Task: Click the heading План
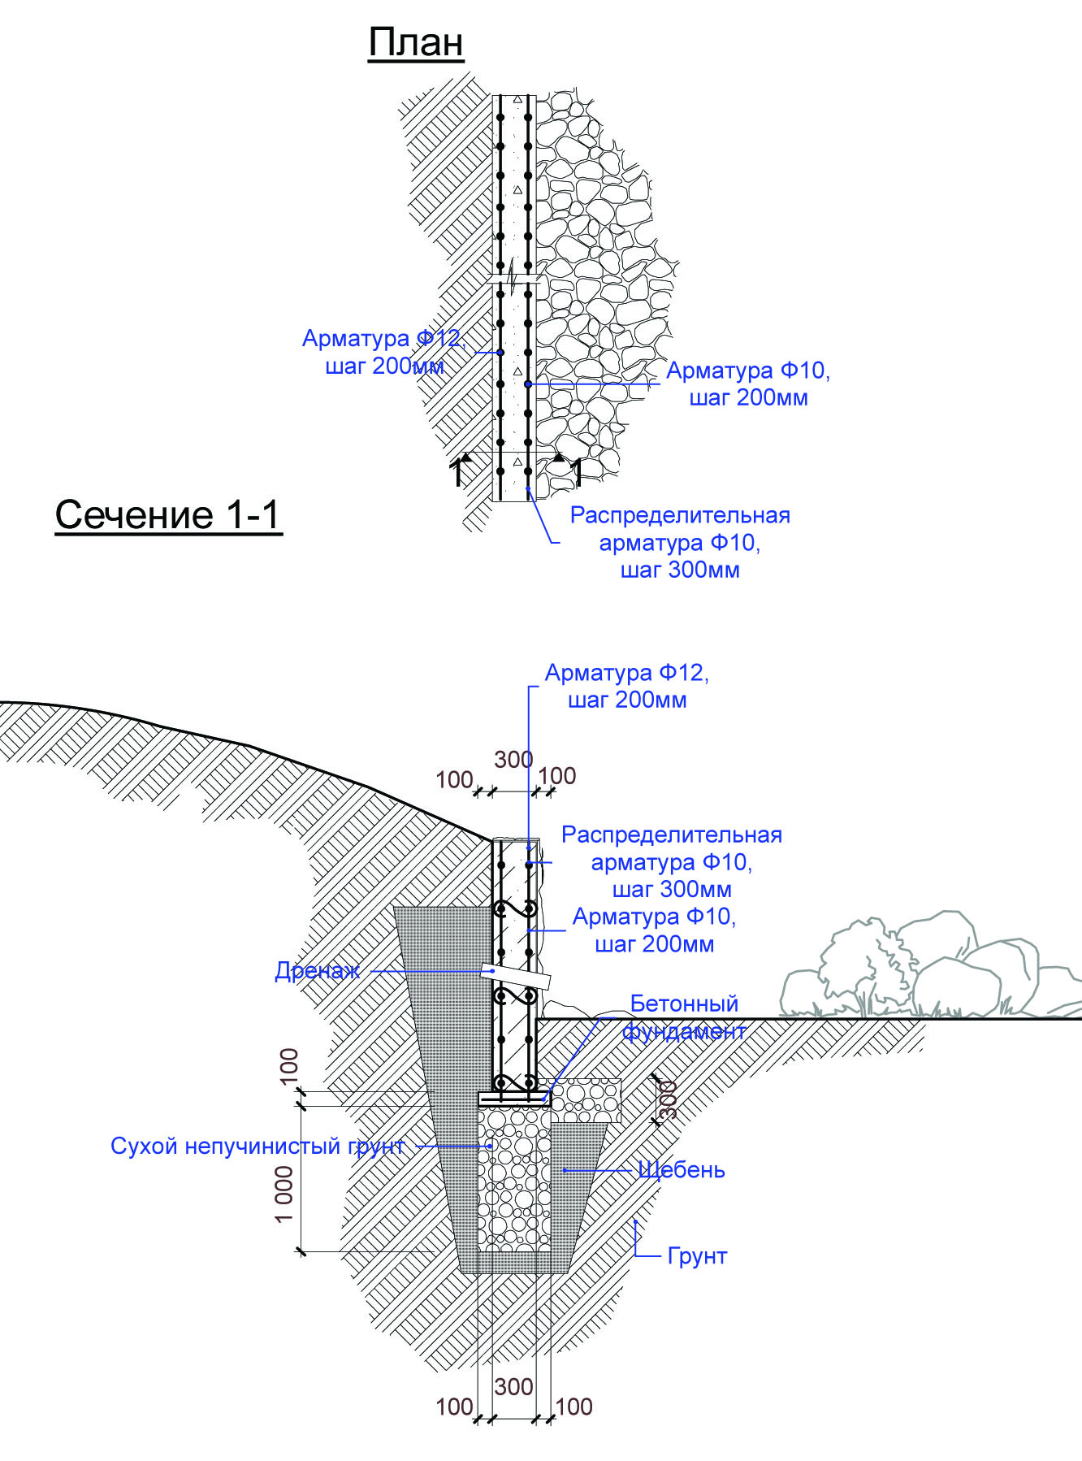click(x=416, y=43)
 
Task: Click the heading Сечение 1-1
click(x=168, y=515)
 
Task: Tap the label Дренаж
click(x=317, y=971)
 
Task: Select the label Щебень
click(x=682, y=1170)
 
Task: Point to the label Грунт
click(x=697, y=1255)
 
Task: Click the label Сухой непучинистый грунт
click(x=258, y=1147)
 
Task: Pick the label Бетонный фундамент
click(x=684, y=1017)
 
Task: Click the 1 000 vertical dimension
click(x=283, y=1194)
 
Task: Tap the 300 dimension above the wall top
click(x=513, y=760)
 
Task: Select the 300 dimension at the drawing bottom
click(x=513, y=1386)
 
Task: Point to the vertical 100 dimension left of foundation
click(x=289, y=1067)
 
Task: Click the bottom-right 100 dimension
click(x=573, y=1407)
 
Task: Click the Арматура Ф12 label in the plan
click(x=384, y=352)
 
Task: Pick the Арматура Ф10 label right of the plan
click(x=748, y=384)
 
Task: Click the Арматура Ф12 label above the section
click(x=627, y=686)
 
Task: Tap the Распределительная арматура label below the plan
click(x=680, y=542)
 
